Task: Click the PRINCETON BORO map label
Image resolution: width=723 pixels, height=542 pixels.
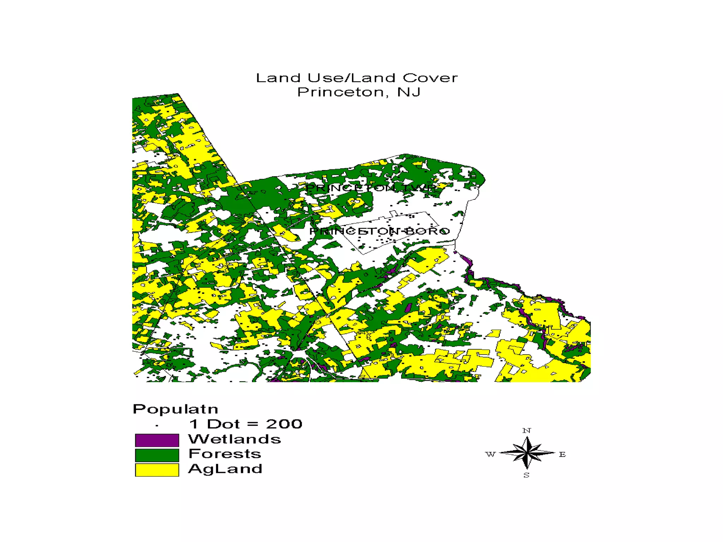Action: coord(380,231)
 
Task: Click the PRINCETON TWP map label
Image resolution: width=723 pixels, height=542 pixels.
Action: coord(371,188)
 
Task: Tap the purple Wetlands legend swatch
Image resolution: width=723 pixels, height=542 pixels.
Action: coord(157,440)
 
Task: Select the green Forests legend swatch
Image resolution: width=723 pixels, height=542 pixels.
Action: coord(157,455)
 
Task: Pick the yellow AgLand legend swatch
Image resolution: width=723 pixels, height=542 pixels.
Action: coord(157,470)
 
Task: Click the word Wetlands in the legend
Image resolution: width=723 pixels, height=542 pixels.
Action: coord(234,439)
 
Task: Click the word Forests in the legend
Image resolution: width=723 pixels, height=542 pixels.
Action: coord(225,454)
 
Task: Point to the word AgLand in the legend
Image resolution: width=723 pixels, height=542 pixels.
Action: coord(225,469)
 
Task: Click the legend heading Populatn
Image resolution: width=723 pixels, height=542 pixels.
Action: coord(175,409)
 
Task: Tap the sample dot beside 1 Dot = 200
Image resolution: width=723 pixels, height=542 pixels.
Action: coord(157,426)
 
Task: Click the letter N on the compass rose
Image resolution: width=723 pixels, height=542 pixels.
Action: coord(526,430)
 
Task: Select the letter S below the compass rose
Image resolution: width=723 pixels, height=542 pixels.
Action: coord(526,475)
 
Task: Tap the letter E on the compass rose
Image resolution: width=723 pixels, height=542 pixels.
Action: coord(562,454)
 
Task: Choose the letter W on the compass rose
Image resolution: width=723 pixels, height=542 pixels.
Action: coord(490,454)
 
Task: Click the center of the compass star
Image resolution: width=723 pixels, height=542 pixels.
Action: coord(527,453)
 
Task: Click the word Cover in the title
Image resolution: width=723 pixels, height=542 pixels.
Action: coord(430,78)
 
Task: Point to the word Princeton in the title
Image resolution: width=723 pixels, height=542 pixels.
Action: coord(340,92)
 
